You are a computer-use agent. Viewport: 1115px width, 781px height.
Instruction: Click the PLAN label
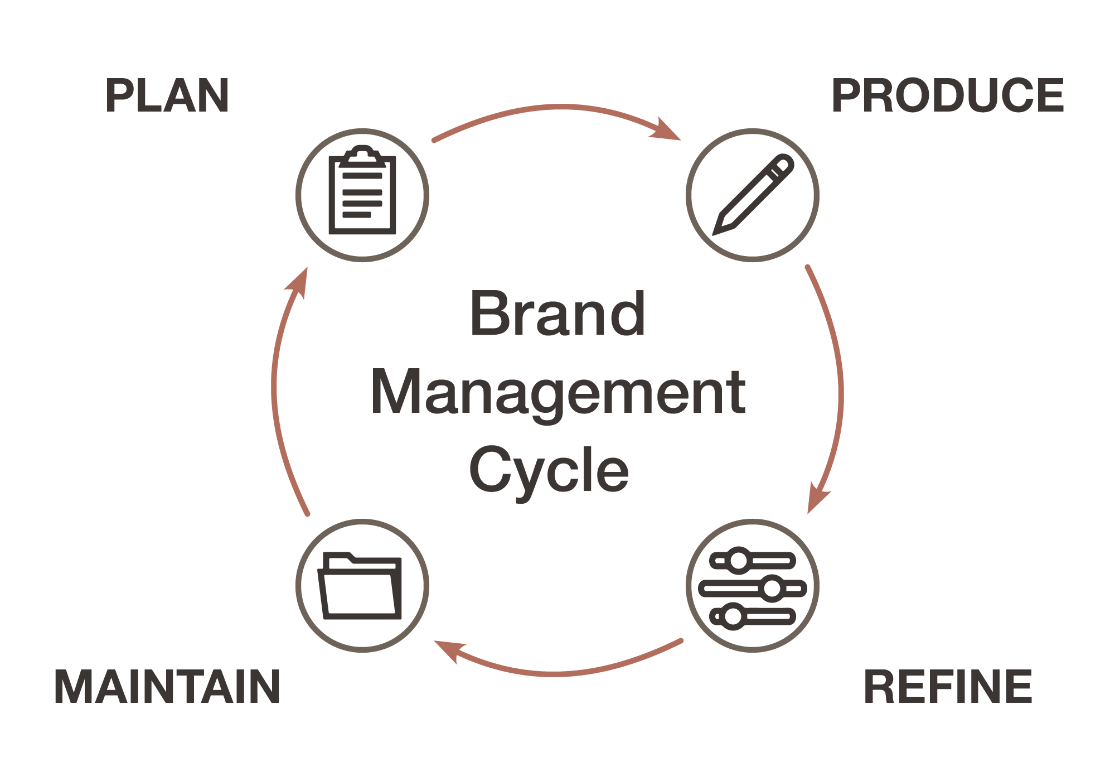click(167, 96)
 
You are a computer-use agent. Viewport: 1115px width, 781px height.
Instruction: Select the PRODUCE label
click(948, 96)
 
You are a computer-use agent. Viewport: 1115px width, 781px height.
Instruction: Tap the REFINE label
click(948, 687)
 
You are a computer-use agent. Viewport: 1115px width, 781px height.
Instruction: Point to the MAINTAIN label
click(167, 687)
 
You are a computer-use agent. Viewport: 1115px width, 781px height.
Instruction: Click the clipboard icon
click(362, 195)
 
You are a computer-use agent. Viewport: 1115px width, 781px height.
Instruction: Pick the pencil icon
click(753, 195)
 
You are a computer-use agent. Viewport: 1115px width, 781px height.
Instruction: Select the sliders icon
click(753, 587)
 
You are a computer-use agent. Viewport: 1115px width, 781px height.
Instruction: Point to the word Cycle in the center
click(549, 471)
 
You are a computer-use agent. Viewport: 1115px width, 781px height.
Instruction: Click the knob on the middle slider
click(772, 588)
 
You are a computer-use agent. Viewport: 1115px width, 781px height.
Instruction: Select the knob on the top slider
click(739, 560)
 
